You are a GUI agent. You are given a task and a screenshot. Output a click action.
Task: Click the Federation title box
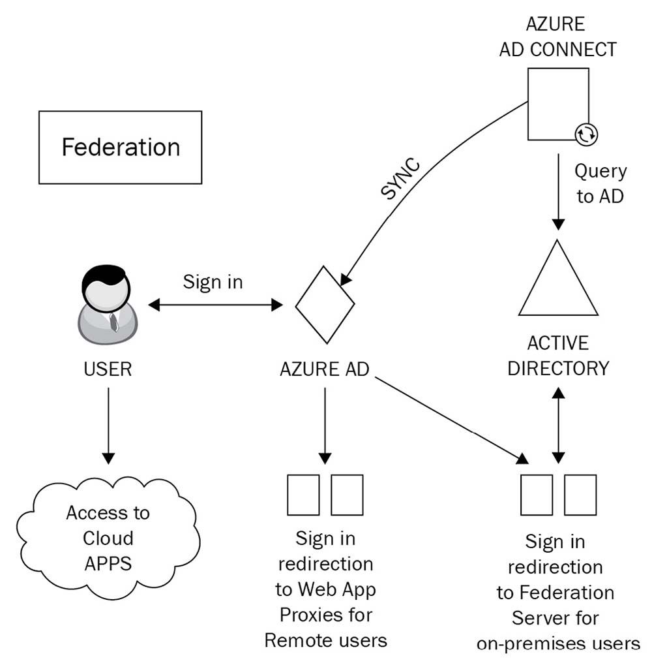coord(121,147)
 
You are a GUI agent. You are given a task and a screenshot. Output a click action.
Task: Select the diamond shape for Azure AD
coord(325,303)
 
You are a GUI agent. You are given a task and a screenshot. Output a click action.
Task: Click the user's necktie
coord(113,320)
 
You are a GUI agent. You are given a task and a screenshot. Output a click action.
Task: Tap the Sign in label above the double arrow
coord(213,282)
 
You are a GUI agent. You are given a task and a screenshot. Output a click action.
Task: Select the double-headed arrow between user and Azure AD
coord(216,304)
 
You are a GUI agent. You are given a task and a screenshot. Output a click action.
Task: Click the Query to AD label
coord(600,183)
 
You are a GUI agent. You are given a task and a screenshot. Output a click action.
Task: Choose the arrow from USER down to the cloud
coord(108,424)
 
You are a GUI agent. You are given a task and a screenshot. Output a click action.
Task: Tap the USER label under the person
coord(108,369)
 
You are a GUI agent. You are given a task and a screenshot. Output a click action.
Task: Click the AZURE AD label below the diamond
coord(325,369)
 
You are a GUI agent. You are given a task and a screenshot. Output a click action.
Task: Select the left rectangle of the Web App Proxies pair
coord(303,495)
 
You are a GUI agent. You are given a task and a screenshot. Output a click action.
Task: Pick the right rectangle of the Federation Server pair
coord(580,495)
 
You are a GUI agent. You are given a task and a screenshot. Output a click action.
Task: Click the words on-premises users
coord(558,644)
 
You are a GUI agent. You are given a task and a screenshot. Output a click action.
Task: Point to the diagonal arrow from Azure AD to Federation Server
coord(450,418)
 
